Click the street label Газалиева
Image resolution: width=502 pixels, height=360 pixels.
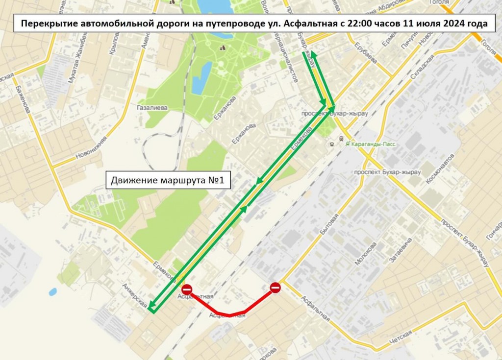(152, 108)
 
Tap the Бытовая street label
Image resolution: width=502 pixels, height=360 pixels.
(333, 223)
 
